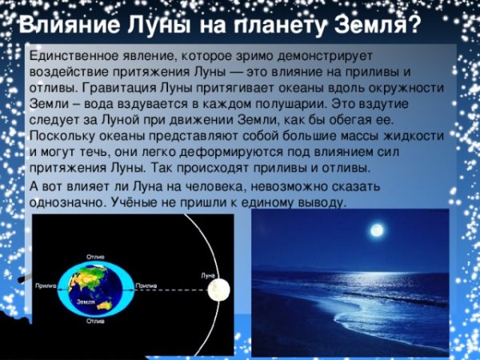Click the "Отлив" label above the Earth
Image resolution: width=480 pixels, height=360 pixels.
click(x=95, y=258)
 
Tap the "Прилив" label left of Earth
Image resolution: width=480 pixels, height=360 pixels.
click(x=46, y=286)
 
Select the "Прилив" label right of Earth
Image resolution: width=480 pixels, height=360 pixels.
click(x=146, y=286)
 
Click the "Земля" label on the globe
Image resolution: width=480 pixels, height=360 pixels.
click(x=86, y=302)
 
